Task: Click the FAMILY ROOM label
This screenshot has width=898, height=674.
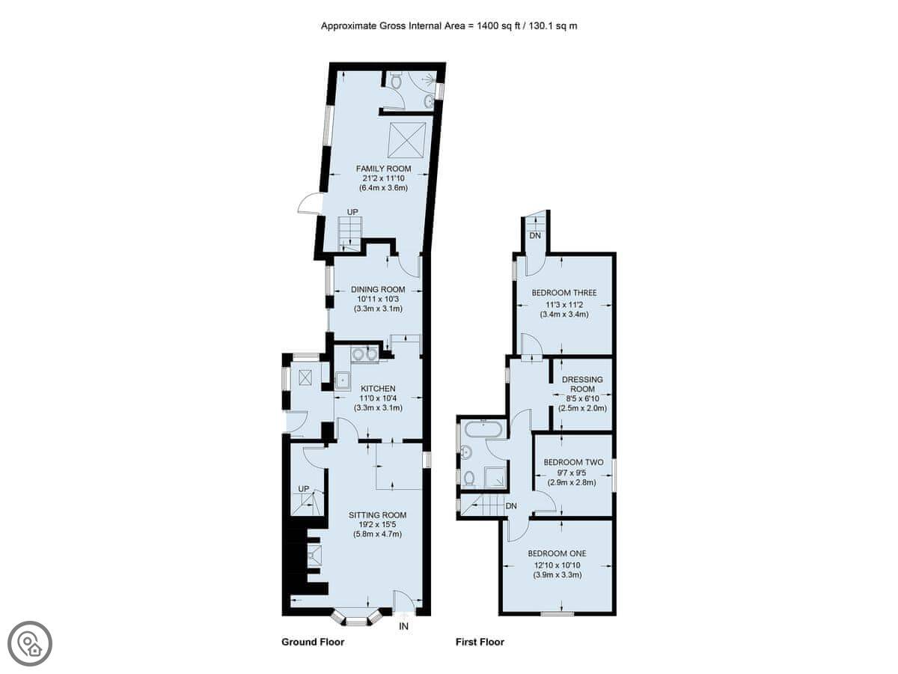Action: (383, 168)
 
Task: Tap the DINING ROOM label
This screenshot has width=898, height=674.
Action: (378, 289)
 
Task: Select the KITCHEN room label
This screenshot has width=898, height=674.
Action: (378, 389)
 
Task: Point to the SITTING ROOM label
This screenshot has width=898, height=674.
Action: (377, 514)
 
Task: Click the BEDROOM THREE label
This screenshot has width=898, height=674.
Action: (564, 293)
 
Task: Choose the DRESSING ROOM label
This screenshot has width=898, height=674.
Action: (582, 384)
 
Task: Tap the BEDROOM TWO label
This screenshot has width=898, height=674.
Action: (573, 462)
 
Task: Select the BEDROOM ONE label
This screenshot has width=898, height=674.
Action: (558, 553)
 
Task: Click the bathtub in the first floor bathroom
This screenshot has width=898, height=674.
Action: (483, 429)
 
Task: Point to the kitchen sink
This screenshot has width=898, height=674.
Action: (343, 381)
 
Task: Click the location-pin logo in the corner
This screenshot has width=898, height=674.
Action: (30, 643)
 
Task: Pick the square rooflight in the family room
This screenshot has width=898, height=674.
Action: (406, 140)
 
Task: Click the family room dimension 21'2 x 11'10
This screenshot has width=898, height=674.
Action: (383, 178)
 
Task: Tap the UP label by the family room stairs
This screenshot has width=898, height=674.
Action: (352, 212)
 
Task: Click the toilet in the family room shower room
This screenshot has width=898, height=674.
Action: (396, 80)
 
